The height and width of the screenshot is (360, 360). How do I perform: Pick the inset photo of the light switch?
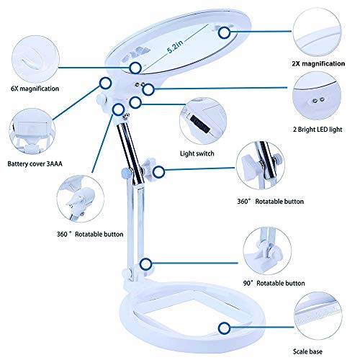click(x=204, y=120)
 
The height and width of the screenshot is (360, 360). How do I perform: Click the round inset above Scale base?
click(x=321, y=316)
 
